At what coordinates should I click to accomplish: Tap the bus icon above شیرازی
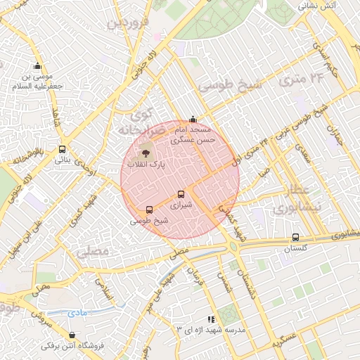181,194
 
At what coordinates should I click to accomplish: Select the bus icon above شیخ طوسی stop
149,210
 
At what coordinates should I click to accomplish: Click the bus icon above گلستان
295,237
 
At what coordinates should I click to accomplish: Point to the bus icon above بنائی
63,148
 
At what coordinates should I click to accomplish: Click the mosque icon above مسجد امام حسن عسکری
193,119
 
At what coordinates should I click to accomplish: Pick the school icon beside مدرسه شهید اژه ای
211,319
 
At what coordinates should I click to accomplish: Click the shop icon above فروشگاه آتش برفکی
73,335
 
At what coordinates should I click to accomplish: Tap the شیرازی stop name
181,205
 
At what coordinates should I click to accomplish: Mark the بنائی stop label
67,160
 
